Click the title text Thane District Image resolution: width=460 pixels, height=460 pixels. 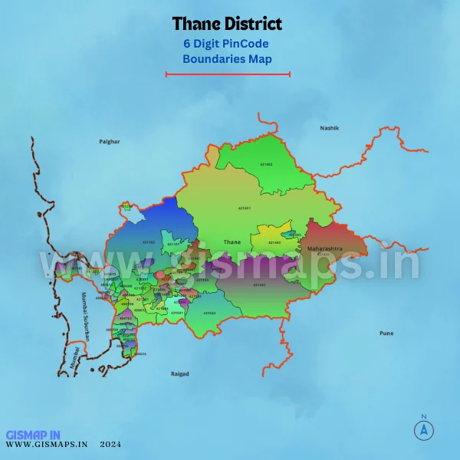pyautogui.click(x=227, y=25)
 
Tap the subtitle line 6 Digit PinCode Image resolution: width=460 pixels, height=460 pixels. pyautogui.click(x=227, y=44)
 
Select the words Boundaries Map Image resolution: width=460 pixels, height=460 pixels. pyautogui.click(x=227, y=58)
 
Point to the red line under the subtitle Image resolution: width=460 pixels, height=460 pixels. pyautogui.click(x=228, y=74)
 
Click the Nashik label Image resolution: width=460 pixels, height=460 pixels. pyautogui.click(x=329, y=128)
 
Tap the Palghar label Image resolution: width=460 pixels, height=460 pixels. pyautogui.click(x=110, y=142)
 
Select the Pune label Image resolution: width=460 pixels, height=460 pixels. pyautogui.click(x=386, y=333)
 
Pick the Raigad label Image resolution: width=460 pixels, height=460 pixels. pyautogui.click(x=179, y=374)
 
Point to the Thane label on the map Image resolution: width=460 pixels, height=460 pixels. pyautogui.click(x=232, y=242)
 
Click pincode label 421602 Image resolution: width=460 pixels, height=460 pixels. pyautogui.click(x=266, y=164)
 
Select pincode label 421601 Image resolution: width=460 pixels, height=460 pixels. pyautogui.click(x=245, y=208)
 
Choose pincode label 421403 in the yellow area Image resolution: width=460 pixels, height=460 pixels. pyautogui.click(x=274, y=242)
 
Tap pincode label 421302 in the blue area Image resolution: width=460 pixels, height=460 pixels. pyautogui.click(x=149, y=242)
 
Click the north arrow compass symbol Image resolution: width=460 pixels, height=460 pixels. pyautogui.click(x=422, y=429)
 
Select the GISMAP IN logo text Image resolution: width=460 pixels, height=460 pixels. pyautogui.click(x=31, y=434)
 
